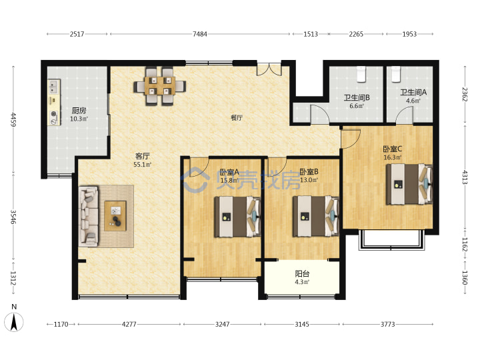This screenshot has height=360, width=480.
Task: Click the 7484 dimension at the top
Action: (199, 34)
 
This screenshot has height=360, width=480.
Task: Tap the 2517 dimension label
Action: (77, 34)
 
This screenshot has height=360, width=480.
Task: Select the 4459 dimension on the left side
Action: (13, 119)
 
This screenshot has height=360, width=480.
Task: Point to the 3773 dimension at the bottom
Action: (387, 324)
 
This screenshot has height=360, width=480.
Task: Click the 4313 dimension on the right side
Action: (465, 177)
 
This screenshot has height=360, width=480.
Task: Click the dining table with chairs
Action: (159, 86)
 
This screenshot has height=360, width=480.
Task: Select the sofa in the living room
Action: (89, 216)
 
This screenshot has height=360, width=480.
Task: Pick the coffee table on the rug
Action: (115, 215)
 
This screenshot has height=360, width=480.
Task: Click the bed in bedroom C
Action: (409, 184)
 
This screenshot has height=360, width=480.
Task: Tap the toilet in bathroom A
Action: (396, 74)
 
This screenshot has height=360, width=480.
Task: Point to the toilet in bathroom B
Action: (361, 74)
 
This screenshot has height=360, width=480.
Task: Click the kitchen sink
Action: (54, 86)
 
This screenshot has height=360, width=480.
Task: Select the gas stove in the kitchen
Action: (54, 117)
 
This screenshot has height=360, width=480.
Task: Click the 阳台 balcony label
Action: (302, 273)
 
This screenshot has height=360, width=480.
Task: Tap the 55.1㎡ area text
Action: (143, 165)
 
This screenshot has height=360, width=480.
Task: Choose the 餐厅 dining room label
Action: (236, 117)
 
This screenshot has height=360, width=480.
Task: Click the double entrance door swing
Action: (269, 69)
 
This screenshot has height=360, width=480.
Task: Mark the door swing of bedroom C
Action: (351, 139)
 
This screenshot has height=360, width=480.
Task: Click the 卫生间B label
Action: (357, 97)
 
